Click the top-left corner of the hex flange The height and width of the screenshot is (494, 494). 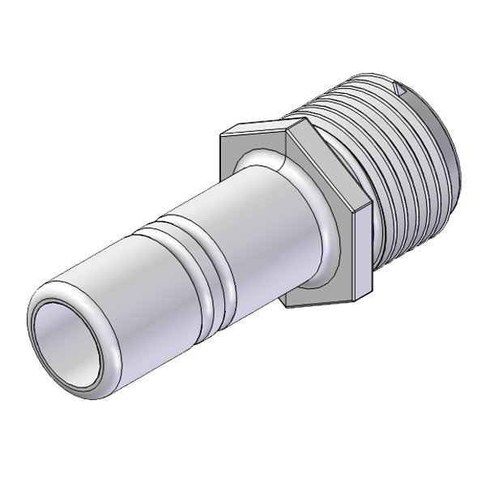tap(223, 130)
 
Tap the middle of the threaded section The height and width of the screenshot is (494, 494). tap(397, 162)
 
